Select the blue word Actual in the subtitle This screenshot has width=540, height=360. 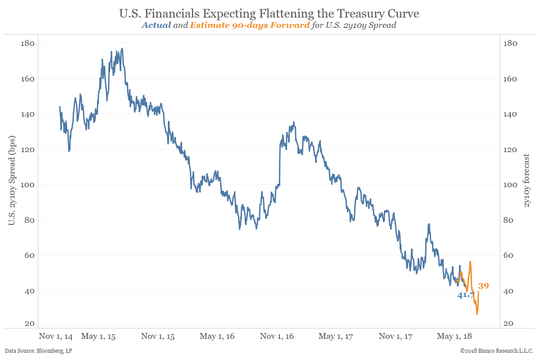point(156,25)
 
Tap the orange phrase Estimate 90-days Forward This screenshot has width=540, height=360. point(250,25)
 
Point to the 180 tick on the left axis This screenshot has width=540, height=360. point(28,44)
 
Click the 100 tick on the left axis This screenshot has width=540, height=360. point(28,185)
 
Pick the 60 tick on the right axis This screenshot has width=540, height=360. point(511,256)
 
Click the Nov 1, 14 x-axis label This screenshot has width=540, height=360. point(56,336)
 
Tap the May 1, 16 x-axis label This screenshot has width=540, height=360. point(217,336)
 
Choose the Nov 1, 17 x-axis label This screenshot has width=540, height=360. point(396,336)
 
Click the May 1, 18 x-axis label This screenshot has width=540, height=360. point(454,336)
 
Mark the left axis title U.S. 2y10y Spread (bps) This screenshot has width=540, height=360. point(12,184)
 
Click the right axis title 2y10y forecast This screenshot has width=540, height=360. point(526,180)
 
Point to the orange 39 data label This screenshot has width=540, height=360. point(483,286)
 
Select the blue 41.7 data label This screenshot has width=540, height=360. point(466,296)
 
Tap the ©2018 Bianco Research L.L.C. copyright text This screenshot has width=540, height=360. point(497,351)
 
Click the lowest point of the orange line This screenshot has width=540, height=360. point(477,314)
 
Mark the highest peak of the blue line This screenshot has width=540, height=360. point(122,49)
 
